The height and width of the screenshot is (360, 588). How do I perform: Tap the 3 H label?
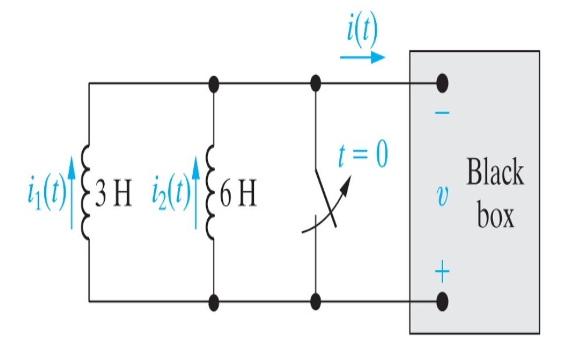(114, 196)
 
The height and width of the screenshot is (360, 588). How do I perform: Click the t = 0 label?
(363, 156)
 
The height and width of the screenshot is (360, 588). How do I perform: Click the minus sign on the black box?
(442, 112)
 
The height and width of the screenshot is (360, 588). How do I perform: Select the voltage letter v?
(442, 196)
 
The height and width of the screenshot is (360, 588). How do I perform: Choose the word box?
(495, 216)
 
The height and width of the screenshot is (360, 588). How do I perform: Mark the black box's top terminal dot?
(442, 83)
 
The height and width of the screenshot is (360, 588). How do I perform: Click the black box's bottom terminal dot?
(442, 301)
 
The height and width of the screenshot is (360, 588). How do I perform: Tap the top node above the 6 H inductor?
(214, 84)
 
